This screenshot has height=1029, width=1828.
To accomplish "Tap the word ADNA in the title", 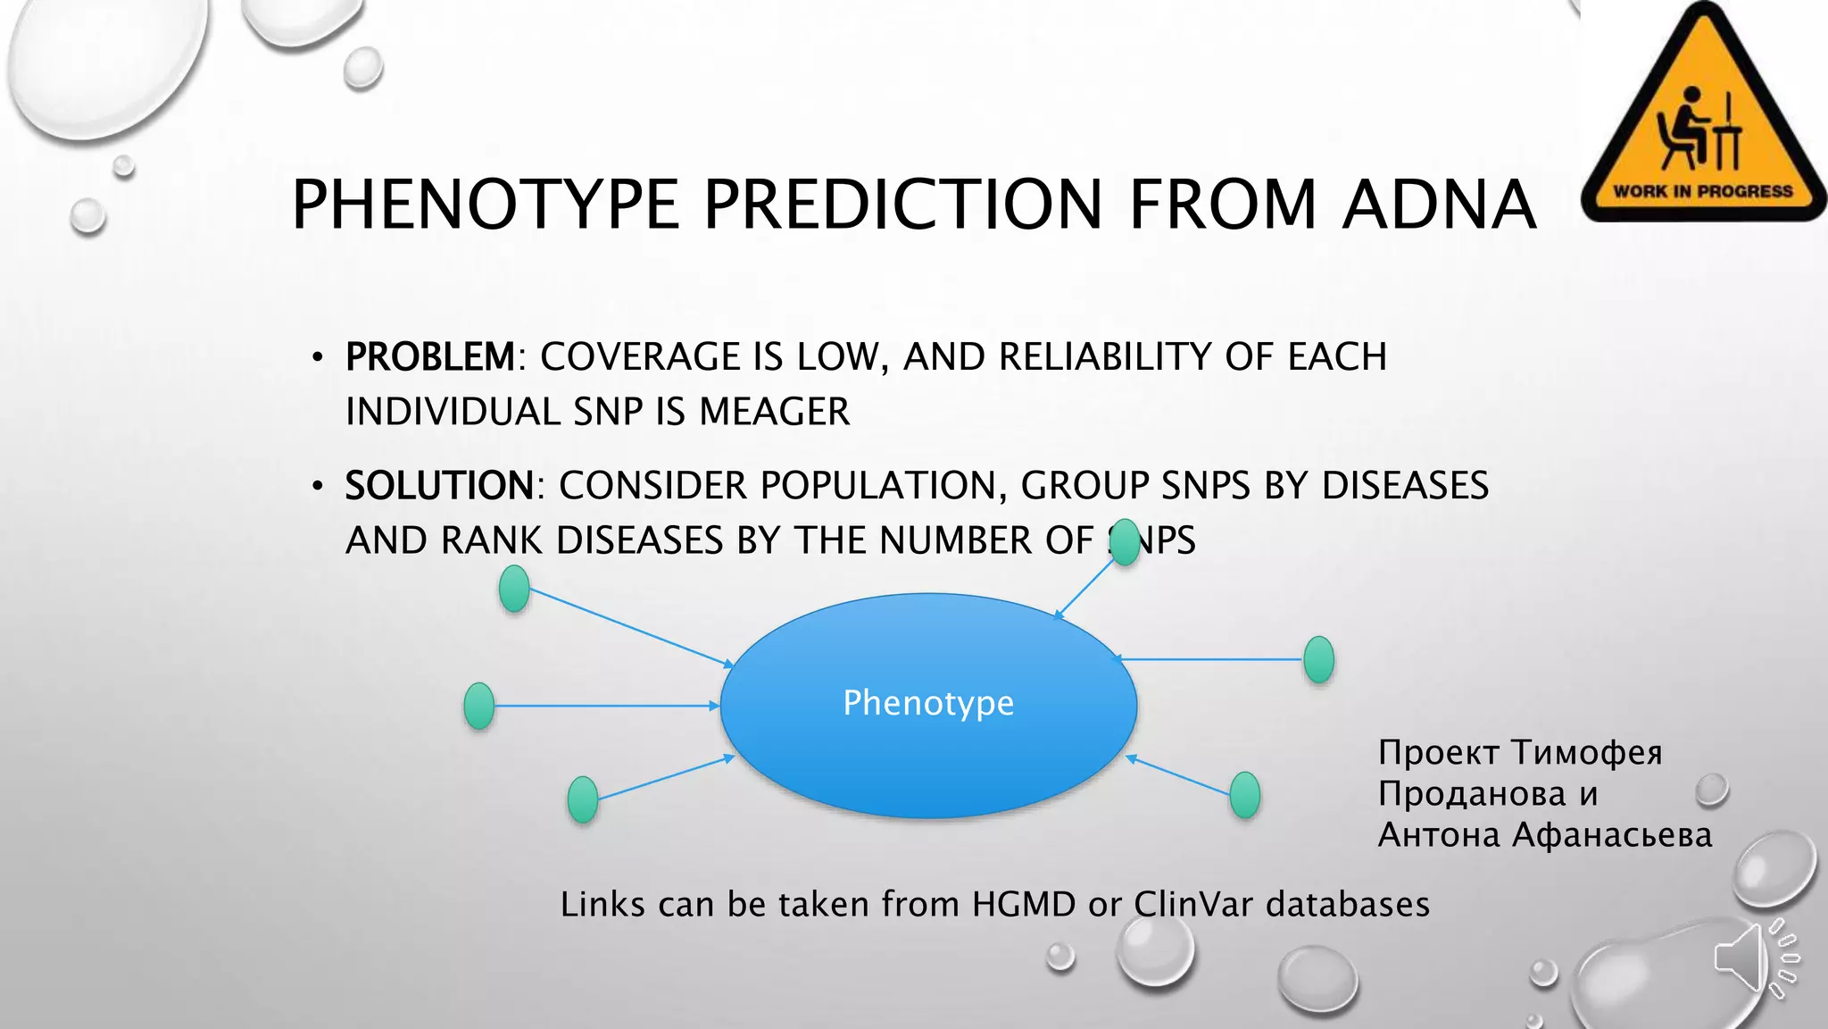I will pos(1439,205).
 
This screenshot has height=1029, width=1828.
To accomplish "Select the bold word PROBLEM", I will pos(429,356).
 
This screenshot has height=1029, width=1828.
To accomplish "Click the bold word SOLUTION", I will pos(439,485).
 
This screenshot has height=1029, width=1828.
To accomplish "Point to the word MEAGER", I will pos(774,412).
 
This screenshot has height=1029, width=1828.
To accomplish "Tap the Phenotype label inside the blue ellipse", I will pos(928,703).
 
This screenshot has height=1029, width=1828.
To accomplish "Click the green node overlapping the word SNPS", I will pos(1125,542).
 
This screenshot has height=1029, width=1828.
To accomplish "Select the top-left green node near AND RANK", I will pos(514,589).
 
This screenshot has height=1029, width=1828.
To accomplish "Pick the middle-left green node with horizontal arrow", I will pos(479,706).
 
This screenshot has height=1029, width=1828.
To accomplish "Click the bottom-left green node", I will pos(582,799).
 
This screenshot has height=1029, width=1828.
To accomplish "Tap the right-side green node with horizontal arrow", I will pos(1318,659).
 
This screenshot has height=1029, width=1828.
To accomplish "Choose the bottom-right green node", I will pos(1244,795).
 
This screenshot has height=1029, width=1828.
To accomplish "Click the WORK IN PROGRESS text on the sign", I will pos(1702,191).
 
